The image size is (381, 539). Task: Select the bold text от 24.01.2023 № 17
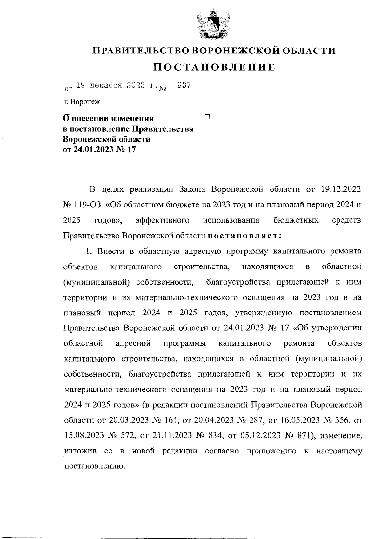coord(100,150)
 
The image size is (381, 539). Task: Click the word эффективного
coord(163,220)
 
